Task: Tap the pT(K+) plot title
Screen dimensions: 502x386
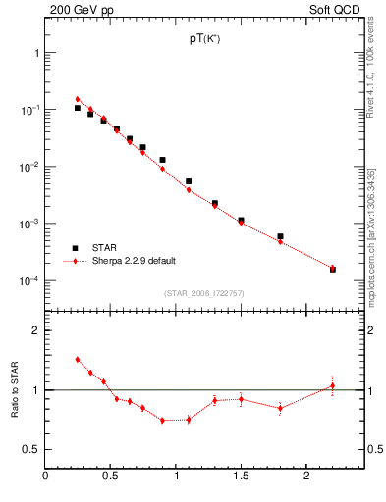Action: point(204,38)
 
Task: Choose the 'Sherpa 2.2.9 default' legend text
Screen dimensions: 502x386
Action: point(134,261)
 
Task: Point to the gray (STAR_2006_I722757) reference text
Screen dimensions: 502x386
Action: point(204,293)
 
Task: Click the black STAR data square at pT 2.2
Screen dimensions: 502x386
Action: point(332,269)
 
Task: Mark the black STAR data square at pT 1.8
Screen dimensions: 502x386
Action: point(280,236)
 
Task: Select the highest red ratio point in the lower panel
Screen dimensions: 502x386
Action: point(78,360)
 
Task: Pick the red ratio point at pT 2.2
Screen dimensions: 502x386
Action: point(332,385)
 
